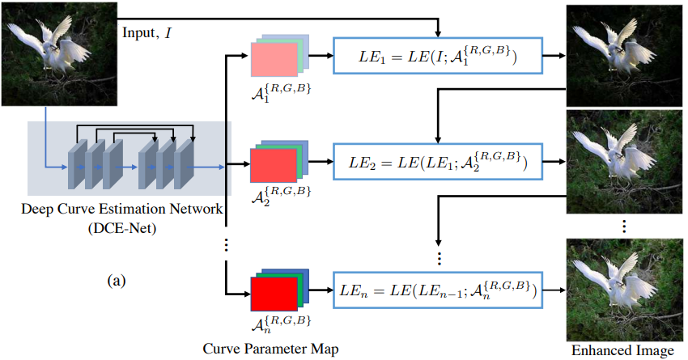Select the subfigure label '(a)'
click(117, 281)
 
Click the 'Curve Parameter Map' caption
click(271, 349)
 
